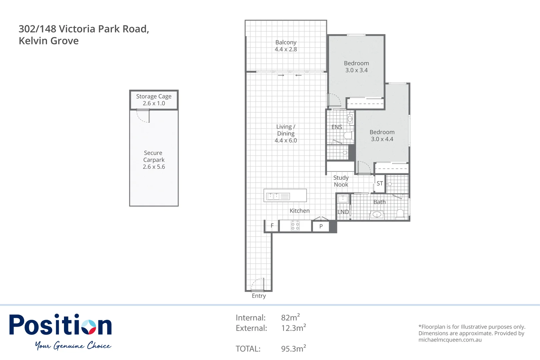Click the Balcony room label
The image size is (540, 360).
[x=286, y=42]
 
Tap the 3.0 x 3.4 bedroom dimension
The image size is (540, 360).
[x=356, y=70]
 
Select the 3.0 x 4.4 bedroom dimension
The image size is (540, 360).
[x=382, y=139]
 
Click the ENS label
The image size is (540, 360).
[x=337, y=127]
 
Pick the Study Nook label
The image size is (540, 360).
[x=341, y=181]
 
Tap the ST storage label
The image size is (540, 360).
[x=380, y=184]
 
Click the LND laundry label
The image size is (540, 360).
[x=343, y=212]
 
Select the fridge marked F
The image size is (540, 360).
[x=272, y=226]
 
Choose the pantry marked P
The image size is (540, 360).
[x=321, y=226]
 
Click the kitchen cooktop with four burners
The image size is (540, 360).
[x=295, y=226]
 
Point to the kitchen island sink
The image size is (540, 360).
[x=273, y=196]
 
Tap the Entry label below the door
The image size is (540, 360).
[x=259, y=296]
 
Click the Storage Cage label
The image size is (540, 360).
[x=154, y=96]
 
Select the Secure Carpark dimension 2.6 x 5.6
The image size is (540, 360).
[x=154, y=167]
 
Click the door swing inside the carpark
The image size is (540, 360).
[x=143, y=116]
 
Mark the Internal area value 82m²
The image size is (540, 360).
[x=290, y=317]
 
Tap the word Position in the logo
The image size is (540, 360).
[x=60, y=325]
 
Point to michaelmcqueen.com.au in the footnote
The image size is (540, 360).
[x=450, y=340]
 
